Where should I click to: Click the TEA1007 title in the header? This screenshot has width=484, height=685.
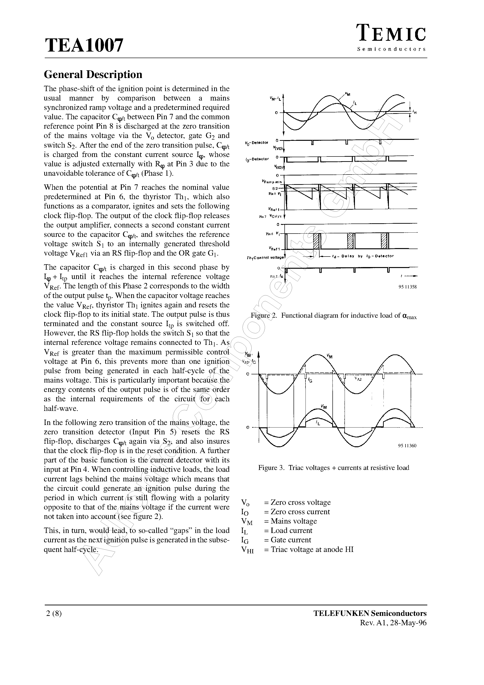84,45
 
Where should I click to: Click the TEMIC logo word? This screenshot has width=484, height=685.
392,34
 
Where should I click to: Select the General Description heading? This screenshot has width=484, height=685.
93,74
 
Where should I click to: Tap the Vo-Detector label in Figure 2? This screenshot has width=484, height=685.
256,143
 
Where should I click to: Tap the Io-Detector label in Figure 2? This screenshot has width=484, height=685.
257,159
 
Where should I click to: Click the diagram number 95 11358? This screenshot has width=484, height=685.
407,287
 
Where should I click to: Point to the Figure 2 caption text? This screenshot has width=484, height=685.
333,316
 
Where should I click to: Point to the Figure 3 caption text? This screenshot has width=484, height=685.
333,468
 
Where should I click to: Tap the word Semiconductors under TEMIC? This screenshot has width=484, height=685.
391,49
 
